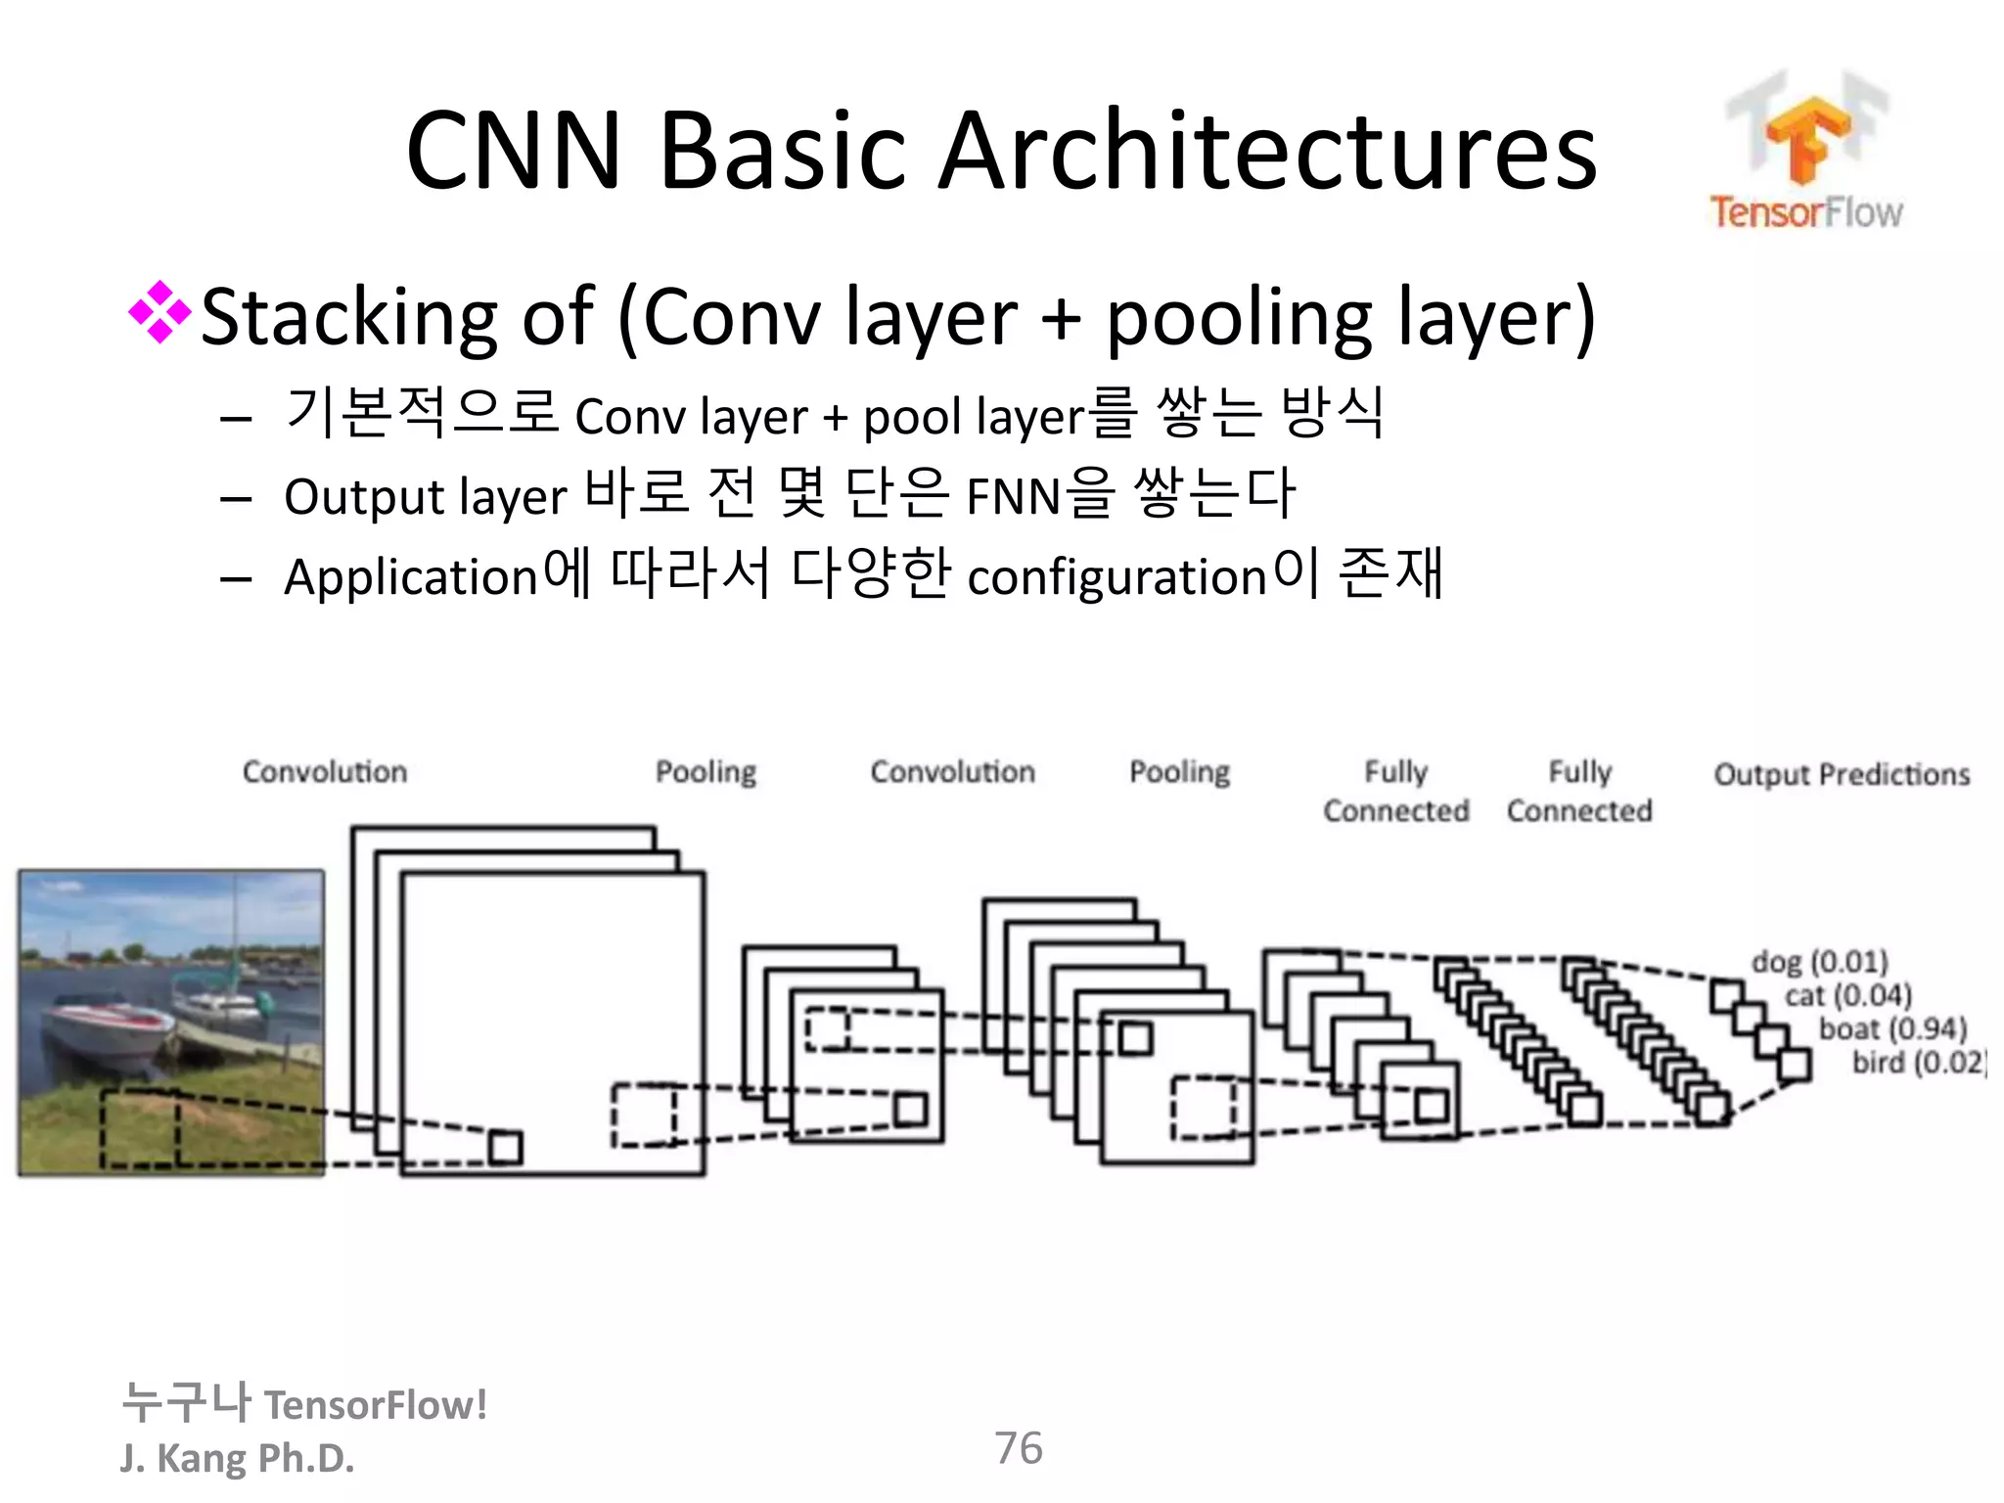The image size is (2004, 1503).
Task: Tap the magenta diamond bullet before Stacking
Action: tap(159, 313)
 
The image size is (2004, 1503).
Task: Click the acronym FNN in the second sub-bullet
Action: tap(1013, 497)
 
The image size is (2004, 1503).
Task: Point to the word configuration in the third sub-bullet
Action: tap(1116, 577)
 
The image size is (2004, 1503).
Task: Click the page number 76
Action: tap(1018, 1448)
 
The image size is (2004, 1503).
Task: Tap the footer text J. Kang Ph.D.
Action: tap(237, 1458)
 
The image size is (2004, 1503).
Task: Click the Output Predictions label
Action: tap(1841, 775)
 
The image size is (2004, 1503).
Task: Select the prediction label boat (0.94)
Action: tap(1892, 1028)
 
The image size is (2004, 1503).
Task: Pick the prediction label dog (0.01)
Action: tap(1819, 962)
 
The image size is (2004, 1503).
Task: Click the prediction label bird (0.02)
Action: tap(1917, 1062)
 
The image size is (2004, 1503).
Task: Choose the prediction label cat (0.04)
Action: tap(1847, 996)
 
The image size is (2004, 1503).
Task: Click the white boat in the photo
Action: tap(103, 1027)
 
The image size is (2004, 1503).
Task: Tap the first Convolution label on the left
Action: tap(324, 772)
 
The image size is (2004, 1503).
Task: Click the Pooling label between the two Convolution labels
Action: tap(706, 772)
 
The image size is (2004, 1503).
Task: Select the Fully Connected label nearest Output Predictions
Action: tap(1579, 791)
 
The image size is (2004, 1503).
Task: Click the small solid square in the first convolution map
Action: tap(505, 1147)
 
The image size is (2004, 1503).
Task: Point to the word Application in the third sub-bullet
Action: tap(411, 577)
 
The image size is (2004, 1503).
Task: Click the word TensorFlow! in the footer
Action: tap(376, 1405)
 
